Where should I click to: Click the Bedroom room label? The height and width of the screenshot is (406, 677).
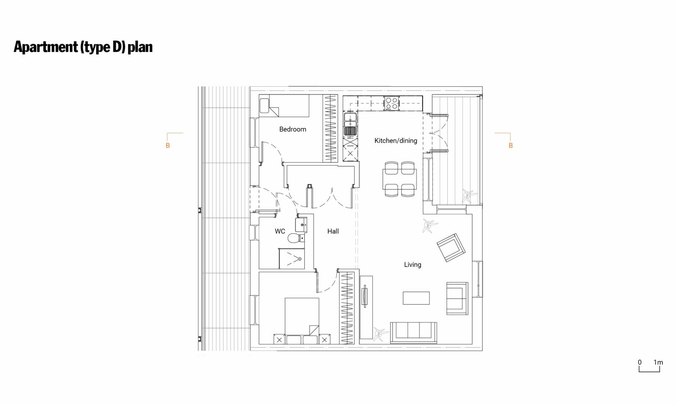point(292,129)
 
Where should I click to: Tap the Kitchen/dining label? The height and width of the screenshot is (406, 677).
point(396,140)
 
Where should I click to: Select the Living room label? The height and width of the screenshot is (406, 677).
point(413,265)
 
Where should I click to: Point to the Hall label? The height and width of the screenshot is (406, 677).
point(333,231)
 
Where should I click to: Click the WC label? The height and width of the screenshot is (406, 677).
point(280,231)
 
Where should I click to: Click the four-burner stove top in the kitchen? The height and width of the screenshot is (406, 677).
point(391,103)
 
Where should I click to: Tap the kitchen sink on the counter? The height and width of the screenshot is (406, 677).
point(350,124)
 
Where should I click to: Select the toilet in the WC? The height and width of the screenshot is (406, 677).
point(296,238)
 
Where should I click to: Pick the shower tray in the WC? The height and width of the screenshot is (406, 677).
point(292,258)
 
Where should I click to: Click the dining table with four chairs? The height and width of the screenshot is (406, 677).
point(399,179)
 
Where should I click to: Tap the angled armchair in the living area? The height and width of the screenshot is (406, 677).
point(451,247)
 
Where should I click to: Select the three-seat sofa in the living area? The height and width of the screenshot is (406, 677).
point(413,332)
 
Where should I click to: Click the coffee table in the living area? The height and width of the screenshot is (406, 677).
point(416,298)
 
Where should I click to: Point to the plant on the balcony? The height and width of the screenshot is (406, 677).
point(469,196)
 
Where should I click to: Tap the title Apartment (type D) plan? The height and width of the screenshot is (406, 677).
point(83,47)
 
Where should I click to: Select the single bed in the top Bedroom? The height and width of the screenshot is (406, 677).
point(284,106)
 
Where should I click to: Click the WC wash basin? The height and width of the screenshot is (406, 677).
point(301,225)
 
